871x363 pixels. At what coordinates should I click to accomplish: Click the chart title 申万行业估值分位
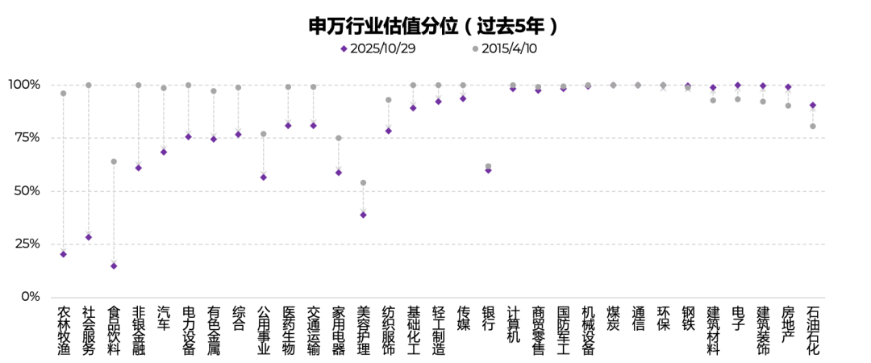coord(434,26)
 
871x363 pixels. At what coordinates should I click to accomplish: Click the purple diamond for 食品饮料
coord(114,265)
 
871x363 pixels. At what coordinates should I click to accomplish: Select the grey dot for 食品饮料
coord(114,161)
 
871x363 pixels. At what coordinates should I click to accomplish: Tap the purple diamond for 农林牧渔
coord(64,254)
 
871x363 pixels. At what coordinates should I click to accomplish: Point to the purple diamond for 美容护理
coord(363,215)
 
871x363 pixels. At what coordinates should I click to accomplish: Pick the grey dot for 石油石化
coord(813,126)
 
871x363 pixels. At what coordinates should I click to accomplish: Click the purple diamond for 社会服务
coord(89,237)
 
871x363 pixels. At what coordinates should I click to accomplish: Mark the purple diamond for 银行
coord(488,170)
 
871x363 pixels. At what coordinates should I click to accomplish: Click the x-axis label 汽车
coord(164,319)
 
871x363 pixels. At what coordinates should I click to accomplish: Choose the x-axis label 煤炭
coord(613,319)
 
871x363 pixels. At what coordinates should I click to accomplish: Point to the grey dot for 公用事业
coord(264,134)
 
